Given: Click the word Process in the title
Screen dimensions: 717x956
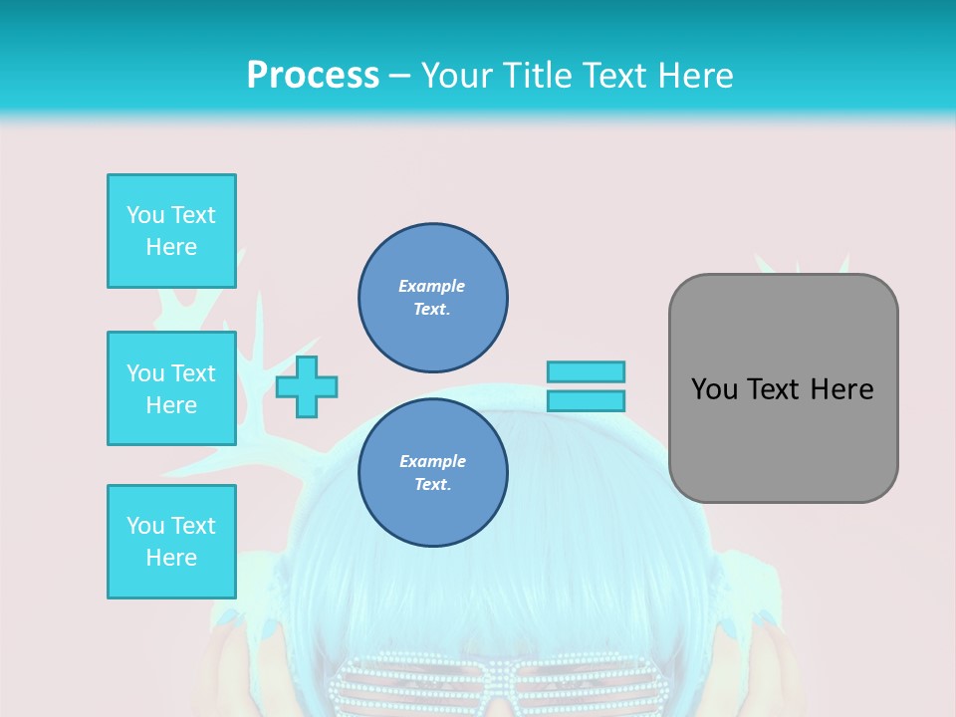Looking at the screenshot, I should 313,76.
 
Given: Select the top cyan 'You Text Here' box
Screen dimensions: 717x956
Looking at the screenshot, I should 171,231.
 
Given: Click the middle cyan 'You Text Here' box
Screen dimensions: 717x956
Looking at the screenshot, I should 171,388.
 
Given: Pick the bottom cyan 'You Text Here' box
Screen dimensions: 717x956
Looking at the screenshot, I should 171,542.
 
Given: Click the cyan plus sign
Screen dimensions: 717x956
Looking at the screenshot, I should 307,386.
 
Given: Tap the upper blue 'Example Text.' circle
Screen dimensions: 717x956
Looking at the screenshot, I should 433,298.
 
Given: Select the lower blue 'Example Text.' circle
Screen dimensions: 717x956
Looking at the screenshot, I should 433,473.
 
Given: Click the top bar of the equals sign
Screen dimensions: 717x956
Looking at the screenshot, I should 586,371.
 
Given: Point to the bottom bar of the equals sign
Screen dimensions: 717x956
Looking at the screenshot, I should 586,401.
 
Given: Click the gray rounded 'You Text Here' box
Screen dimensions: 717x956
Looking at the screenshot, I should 783,387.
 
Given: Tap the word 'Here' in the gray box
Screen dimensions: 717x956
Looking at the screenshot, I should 841,389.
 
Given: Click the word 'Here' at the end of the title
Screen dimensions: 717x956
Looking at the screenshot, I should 697,76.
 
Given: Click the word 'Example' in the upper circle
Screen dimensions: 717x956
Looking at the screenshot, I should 431,286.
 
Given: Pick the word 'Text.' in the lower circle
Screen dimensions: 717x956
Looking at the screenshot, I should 432,485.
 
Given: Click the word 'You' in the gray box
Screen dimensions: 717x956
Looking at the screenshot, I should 714,389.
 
